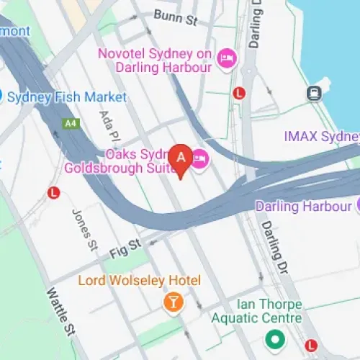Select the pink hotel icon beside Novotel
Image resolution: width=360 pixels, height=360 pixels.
[226, 58]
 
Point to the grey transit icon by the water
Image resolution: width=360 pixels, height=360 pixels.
[314, 92]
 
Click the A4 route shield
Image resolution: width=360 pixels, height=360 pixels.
[70, 123]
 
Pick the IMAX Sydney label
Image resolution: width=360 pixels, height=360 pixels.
[321, 137]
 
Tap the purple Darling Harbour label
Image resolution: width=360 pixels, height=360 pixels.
[304, 206]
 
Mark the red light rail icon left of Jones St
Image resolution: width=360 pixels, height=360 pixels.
[53, 192]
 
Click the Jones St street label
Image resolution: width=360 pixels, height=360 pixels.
[84, 229]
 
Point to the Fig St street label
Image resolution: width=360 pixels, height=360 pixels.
[123, 253]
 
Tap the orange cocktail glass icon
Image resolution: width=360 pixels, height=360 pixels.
[173, 302]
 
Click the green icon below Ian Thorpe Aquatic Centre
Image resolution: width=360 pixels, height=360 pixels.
[274, 338]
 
